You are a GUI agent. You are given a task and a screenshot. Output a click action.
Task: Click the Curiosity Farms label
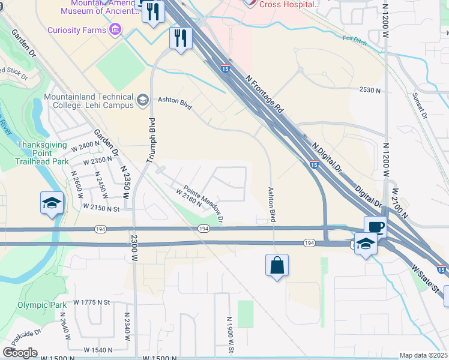(77, 29)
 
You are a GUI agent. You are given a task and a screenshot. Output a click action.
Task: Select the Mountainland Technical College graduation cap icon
(142, 100)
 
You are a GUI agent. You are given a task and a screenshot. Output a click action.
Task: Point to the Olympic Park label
(43, 305)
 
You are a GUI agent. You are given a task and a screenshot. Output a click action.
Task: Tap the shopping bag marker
(277, 265)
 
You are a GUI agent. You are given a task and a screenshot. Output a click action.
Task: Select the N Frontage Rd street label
(265, 94)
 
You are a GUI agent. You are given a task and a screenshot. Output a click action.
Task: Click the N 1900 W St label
(230, 334)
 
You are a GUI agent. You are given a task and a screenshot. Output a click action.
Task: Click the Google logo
(20, 353)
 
